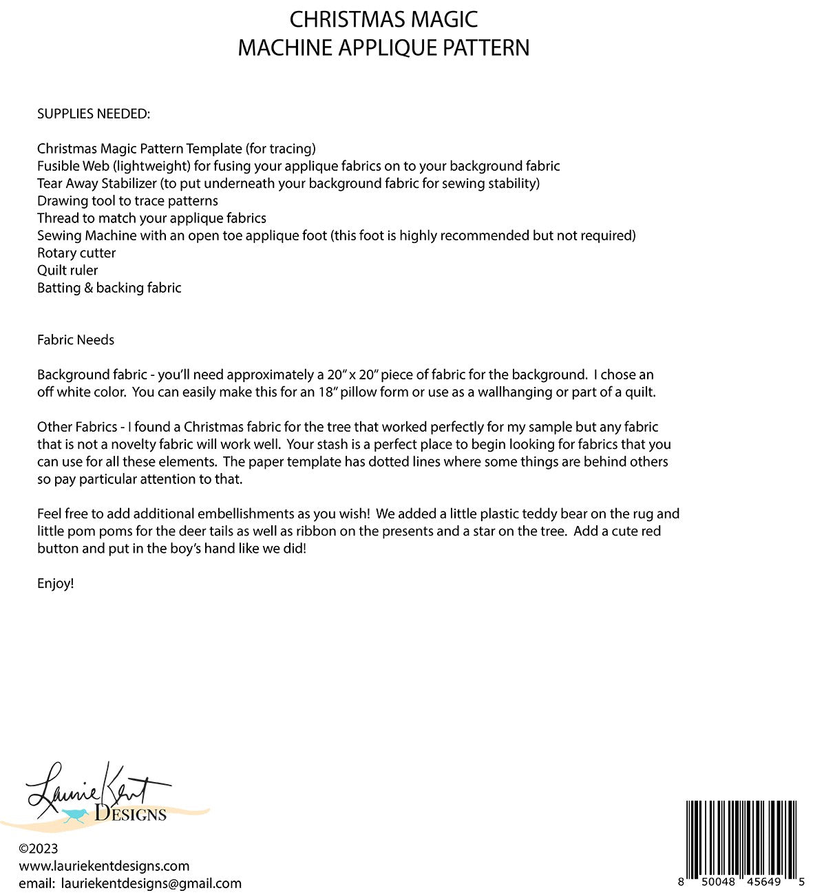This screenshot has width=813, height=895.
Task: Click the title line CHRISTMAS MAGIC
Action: pyautogui.click(x=383, y=19)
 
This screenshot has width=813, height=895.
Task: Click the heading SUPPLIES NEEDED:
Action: pyautogui.click(x=94, y=114)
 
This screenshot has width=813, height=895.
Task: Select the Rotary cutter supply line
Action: pyautogui.click(x=76, y=253)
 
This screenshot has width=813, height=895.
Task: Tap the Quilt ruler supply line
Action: pyautogui.click(x=67, y=271)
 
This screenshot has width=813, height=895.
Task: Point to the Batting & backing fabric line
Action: pyautogui.click(x=109, y=288)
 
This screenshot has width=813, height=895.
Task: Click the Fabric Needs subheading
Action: pyautogui.click(x=76, y=340)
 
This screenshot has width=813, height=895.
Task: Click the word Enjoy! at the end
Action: pyautogui.click(x=56, y=584)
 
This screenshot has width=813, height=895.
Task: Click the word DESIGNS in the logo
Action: pyautogui.click(x=131, y=814)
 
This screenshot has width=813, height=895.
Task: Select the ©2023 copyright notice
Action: pyautogui.click(x=39, y=849)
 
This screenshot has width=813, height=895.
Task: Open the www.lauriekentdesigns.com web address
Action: pyautogui.click(x=104, y=866)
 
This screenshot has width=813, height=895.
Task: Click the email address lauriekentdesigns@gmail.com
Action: pyautogui.click(x=151, y=883)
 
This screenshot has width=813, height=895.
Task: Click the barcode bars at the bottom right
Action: pyautogui.click(x=741, y=836)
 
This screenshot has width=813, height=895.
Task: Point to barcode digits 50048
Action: pyautogui.click(x=716, y=882)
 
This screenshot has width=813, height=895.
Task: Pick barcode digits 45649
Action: pyautogui.click(x=763, y=882)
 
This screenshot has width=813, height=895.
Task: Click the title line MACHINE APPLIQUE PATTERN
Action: pyautogui.click(x=383, y=48)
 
